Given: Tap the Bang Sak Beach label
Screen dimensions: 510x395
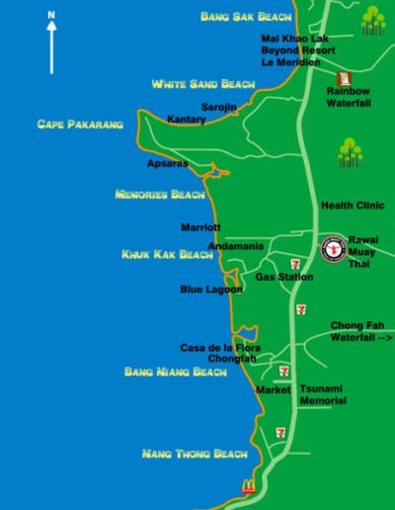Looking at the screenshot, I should pos(246,16).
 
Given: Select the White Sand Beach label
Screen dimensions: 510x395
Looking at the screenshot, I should pos(202,85).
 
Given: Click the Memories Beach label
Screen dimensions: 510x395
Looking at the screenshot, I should pos(160,195).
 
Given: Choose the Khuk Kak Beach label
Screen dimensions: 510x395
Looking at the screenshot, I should pos(167,254).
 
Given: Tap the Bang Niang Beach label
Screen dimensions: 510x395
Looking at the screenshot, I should pos(176,372).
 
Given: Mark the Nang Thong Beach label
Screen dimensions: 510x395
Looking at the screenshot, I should pos(195,454).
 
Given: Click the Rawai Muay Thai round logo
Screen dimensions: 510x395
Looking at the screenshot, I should pos(332,248).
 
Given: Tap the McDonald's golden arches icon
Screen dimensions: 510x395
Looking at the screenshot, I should pos(248,485).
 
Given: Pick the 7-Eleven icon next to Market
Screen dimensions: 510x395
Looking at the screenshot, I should pos(284,372).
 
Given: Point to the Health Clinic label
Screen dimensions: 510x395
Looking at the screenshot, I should pos(352,206).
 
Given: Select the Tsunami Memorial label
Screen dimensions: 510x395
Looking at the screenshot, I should pos(323,394).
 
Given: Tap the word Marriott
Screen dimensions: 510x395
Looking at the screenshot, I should pos(200,227).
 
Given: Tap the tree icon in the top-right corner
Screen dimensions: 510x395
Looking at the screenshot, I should pos(371,20).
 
